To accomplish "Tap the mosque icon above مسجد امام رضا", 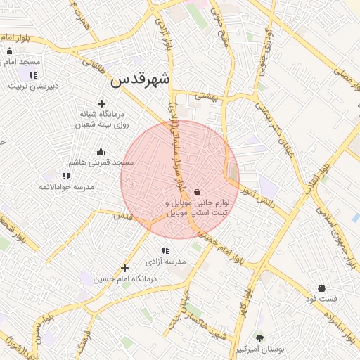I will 9,51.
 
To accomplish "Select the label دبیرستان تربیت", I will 32,86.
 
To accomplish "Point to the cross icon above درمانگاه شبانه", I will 102,103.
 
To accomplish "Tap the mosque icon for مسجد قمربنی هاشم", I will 101,152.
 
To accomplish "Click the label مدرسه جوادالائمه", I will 66,186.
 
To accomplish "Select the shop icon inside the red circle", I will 197,192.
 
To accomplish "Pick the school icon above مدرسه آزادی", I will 165,250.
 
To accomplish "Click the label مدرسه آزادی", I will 166,261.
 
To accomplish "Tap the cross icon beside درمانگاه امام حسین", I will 124,268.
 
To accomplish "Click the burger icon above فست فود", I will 321,288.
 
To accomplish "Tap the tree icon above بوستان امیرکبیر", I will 259,339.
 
